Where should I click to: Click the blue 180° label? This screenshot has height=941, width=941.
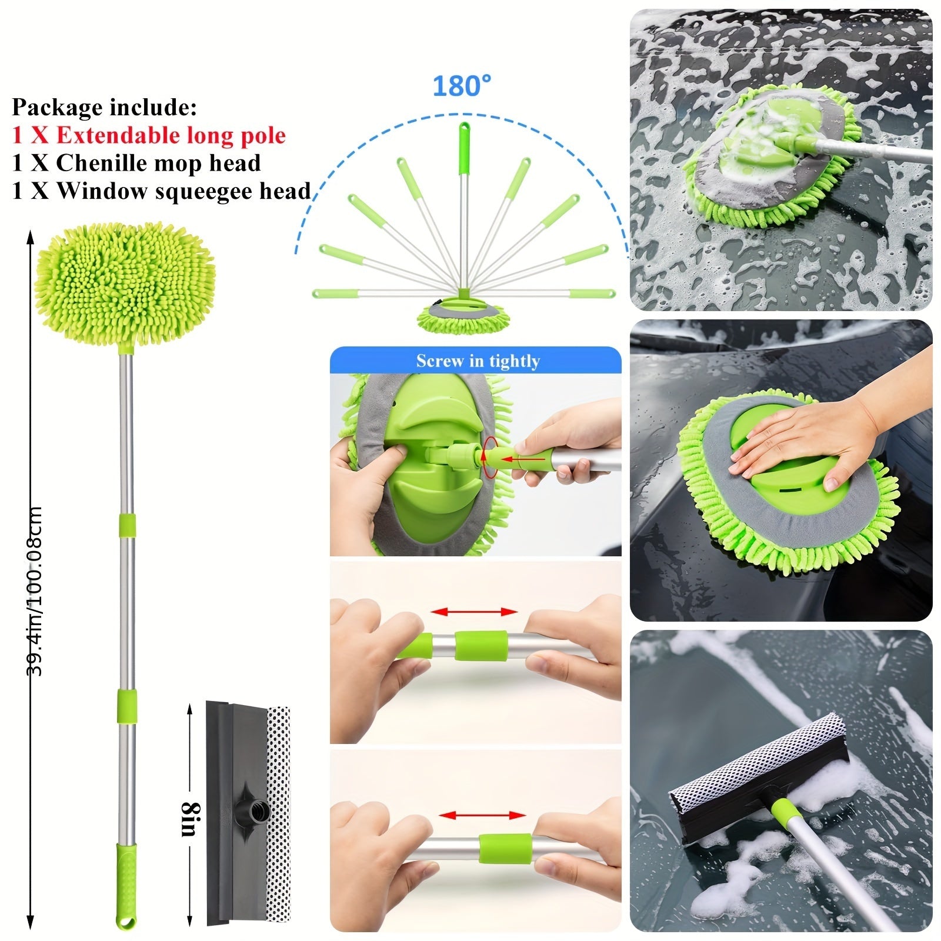coord(462,86)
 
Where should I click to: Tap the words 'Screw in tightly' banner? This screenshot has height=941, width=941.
coord(478,361)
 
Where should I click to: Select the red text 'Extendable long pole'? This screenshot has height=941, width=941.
coord(171,135)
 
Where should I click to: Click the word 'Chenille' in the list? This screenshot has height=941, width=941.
coord(108,163)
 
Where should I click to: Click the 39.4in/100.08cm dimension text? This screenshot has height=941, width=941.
coord(35,591)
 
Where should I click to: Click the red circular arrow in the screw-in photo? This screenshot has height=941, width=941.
coord(488,453)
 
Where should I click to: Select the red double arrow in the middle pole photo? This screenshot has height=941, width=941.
coord(474,612)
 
